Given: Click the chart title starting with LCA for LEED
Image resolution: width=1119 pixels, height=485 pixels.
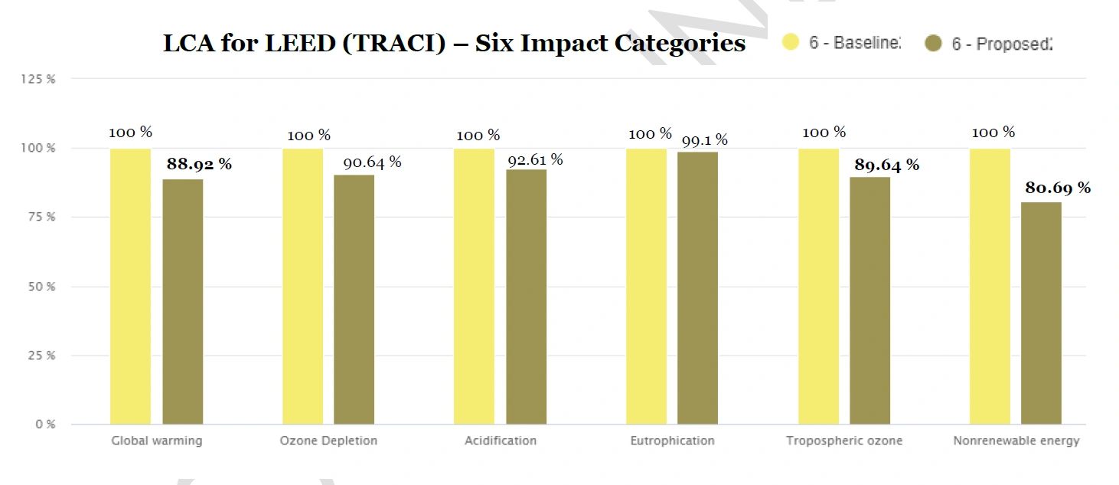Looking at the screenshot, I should coord(454,43).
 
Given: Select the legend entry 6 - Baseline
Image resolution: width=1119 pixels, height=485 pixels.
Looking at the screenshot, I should coord(842,43).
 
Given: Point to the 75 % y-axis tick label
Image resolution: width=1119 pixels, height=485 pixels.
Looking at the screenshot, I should coord(42,217).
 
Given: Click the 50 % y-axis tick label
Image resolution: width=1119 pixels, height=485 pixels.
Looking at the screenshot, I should coord(42,287).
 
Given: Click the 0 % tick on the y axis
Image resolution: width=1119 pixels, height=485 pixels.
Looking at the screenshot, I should coord(44,424).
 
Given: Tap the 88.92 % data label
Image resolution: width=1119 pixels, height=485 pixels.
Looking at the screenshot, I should coord(199,164).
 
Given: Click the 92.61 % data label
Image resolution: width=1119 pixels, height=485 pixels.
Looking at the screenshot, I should coord(535,159).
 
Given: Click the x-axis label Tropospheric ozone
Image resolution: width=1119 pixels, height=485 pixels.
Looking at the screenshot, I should coord(844,441).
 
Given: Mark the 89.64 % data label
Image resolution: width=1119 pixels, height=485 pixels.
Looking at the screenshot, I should coord(886,165).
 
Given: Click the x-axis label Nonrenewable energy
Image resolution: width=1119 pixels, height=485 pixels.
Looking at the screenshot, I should coord(1016,441).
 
